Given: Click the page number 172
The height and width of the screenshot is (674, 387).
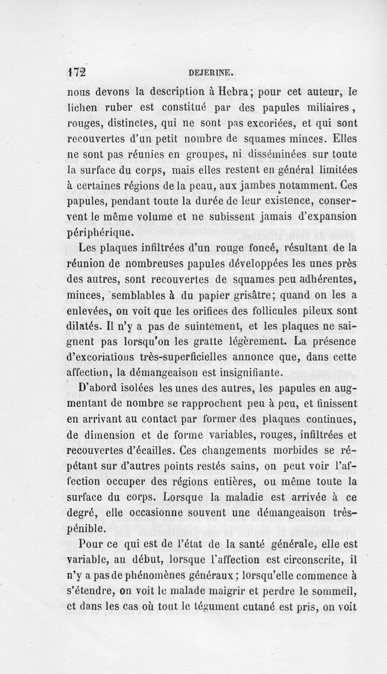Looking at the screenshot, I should point(76,73).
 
